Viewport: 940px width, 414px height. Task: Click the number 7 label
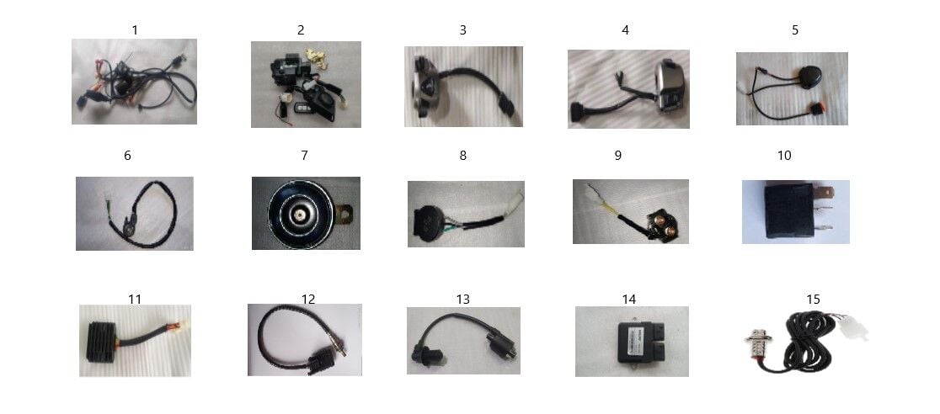coord(305,155)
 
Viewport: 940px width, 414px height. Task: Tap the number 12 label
coord(308,299)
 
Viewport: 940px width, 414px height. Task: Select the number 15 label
coord(813,299)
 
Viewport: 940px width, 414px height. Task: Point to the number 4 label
coord(625,30)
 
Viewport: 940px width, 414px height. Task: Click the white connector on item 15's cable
coord(852,326)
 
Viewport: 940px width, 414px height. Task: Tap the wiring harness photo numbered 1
coord(134,82)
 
